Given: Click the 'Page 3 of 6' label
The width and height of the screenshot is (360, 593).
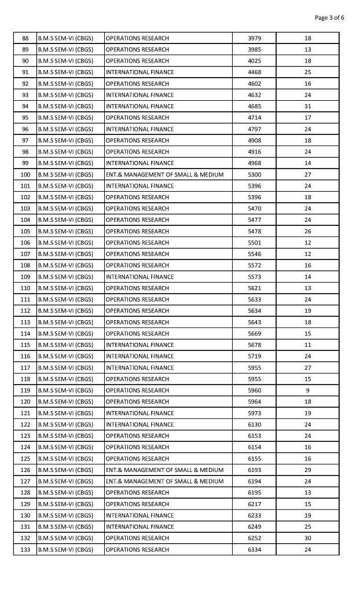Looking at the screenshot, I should tap(329, 17).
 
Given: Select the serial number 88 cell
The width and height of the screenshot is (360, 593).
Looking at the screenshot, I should tap(25, 38).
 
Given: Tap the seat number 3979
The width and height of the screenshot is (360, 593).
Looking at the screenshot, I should tap(254, 38).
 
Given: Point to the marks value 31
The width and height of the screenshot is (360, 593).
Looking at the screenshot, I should tap(307, 107).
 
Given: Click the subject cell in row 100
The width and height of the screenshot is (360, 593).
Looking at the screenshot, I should tap(164, 174).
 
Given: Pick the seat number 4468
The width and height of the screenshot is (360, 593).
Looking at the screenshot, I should tap(254, 72).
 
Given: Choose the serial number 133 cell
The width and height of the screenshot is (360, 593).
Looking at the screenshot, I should tap(25, 550).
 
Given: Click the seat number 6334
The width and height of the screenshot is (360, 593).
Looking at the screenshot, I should tap(254, 550).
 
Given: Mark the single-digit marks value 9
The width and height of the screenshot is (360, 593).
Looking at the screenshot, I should tap(307, 390).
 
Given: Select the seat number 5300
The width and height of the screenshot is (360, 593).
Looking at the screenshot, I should tap(254, 174).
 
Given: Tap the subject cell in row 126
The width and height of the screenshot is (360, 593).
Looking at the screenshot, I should tap(164, 470).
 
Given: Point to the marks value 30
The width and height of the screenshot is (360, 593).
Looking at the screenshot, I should tap(307, 538).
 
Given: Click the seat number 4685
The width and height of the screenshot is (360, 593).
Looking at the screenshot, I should tap(254, 107).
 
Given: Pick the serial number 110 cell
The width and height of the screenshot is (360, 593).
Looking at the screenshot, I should tap(25, 288).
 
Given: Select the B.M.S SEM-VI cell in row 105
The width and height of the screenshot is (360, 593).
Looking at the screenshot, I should tap(65, 231).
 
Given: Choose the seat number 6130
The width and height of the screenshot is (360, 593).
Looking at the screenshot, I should tap(254, 424).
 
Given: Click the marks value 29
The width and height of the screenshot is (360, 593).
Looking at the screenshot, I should tap(307, 470).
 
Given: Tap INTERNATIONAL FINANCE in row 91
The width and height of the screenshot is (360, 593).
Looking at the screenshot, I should tap(139, 72).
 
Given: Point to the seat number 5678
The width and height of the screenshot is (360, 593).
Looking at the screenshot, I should tap(254, 345).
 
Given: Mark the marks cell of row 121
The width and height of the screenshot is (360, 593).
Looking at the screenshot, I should tap(307, 413).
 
